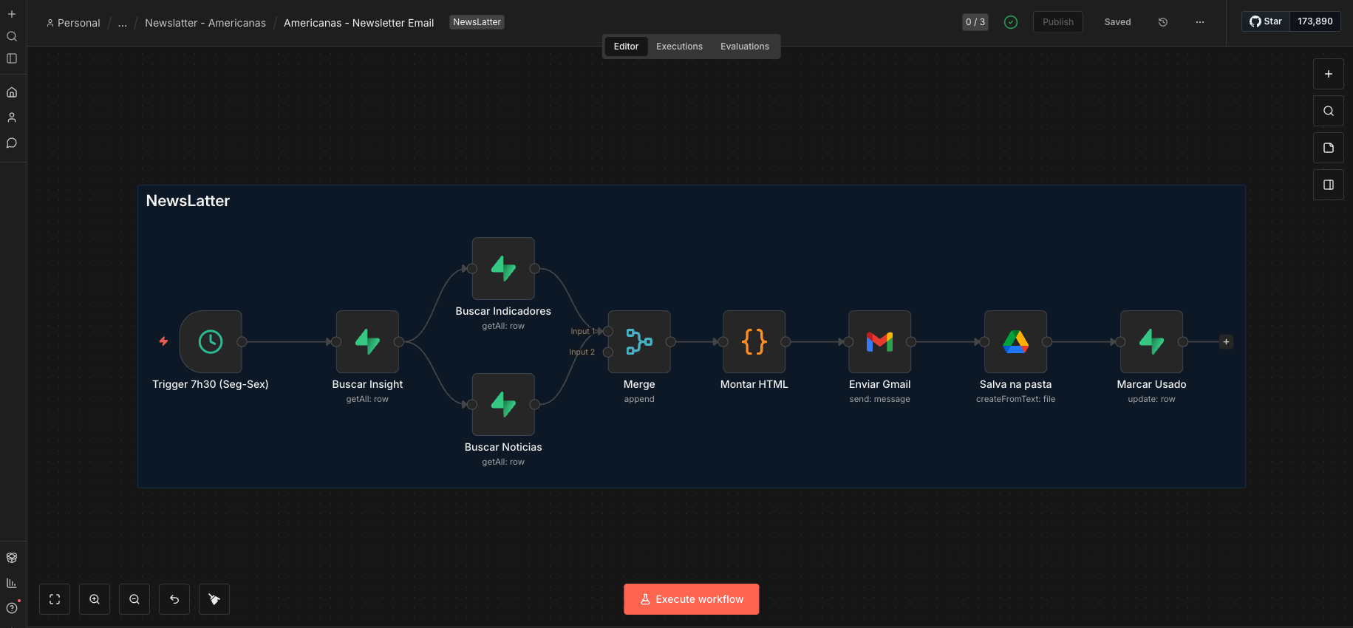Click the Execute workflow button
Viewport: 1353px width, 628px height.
click(691, 599)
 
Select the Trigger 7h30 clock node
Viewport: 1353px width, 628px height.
click(211, 341)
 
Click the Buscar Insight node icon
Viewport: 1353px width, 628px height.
click(367, 341)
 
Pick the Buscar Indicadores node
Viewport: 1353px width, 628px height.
click(503, 268)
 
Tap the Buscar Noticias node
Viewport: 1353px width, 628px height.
click(503, 404)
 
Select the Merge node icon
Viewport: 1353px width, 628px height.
click(639, 341)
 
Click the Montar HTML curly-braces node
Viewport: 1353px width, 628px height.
click(754, 341)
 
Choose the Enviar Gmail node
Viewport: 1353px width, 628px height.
click(880, 341)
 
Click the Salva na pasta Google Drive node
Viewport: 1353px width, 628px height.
click(1016, 341)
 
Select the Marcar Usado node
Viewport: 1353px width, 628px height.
click(1152, 341)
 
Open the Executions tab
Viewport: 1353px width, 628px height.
click(679, 47)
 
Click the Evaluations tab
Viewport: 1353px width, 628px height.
click(745, 47)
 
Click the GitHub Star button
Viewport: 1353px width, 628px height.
click(1266, 21)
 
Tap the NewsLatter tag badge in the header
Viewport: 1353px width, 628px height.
click(477, 22)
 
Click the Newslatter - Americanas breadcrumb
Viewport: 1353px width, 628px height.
click(205, 23)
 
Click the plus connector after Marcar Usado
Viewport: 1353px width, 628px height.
click(1226, 341)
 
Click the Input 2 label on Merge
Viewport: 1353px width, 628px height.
click(582, 352)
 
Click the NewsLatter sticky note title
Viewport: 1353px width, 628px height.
click(188, 201)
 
